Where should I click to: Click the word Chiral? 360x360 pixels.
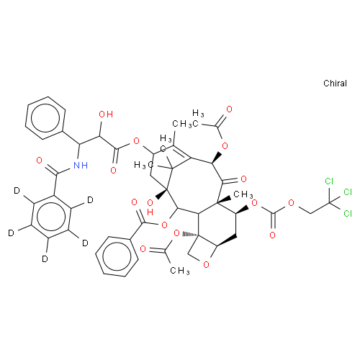click(x=335, y=84)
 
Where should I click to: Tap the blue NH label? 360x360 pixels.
click(x=81, y=166)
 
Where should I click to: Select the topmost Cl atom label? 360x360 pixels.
click(x=329, y=181)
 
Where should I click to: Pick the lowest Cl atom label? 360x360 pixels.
click(x=348, y=213)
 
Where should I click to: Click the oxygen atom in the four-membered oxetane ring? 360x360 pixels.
click(x=206, y=265)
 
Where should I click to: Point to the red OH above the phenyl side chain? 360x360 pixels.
click(x=106, y=114)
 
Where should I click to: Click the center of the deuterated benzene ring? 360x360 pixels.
click(x=51, y=217)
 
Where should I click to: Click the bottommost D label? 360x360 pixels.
click(x=45, y=259)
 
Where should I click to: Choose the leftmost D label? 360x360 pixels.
click(x=11, y=233)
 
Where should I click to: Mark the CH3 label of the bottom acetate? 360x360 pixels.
click(x=180, y=271)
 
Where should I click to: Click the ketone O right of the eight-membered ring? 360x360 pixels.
click(x=243, y=179)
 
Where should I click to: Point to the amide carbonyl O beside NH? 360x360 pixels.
click(x=40, y=161)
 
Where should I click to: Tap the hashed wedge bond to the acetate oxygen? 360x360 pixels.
click(x=190, y=234)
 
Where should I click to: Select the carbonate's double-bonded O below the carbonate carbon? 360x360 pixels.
click(x=272, y=235)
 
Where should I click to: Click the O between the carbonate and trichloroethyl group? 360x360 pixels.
click(x=291, y=203)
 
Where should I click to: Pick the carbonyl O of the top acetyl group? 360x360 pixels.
click(x=230, y=109)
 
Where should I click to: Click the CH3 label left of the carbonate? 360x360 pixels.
click(x=243, y=194)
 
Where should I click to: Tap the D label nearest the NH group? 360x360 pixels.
click(x=90, y=200)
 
